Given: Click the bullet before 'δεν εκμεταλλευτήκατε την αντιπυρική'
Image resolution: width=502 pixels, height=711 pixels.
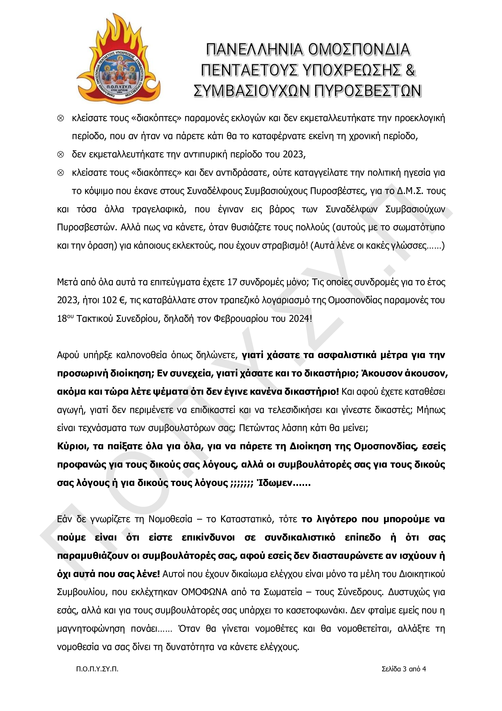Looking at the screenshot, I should click(61, 155).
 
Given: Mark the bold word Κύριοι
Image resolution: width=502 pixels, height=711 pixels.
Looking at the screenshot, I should click(73, 447).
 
